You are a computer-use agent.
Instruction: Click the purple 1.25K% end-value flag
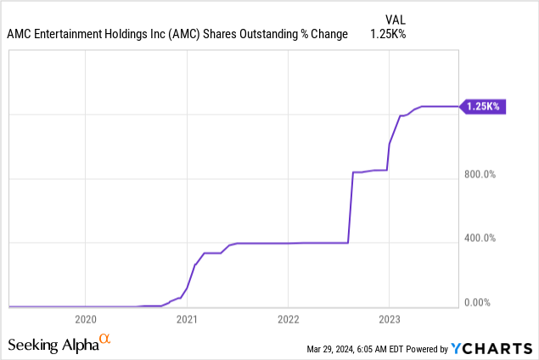(483, 106)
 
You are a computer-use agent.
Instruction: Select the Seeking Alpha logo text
(53, 344)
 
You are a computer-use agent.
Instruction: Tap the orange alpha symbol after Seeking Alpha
(105, 340)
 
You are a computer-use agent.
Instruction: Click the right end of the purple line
(457, 106)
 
